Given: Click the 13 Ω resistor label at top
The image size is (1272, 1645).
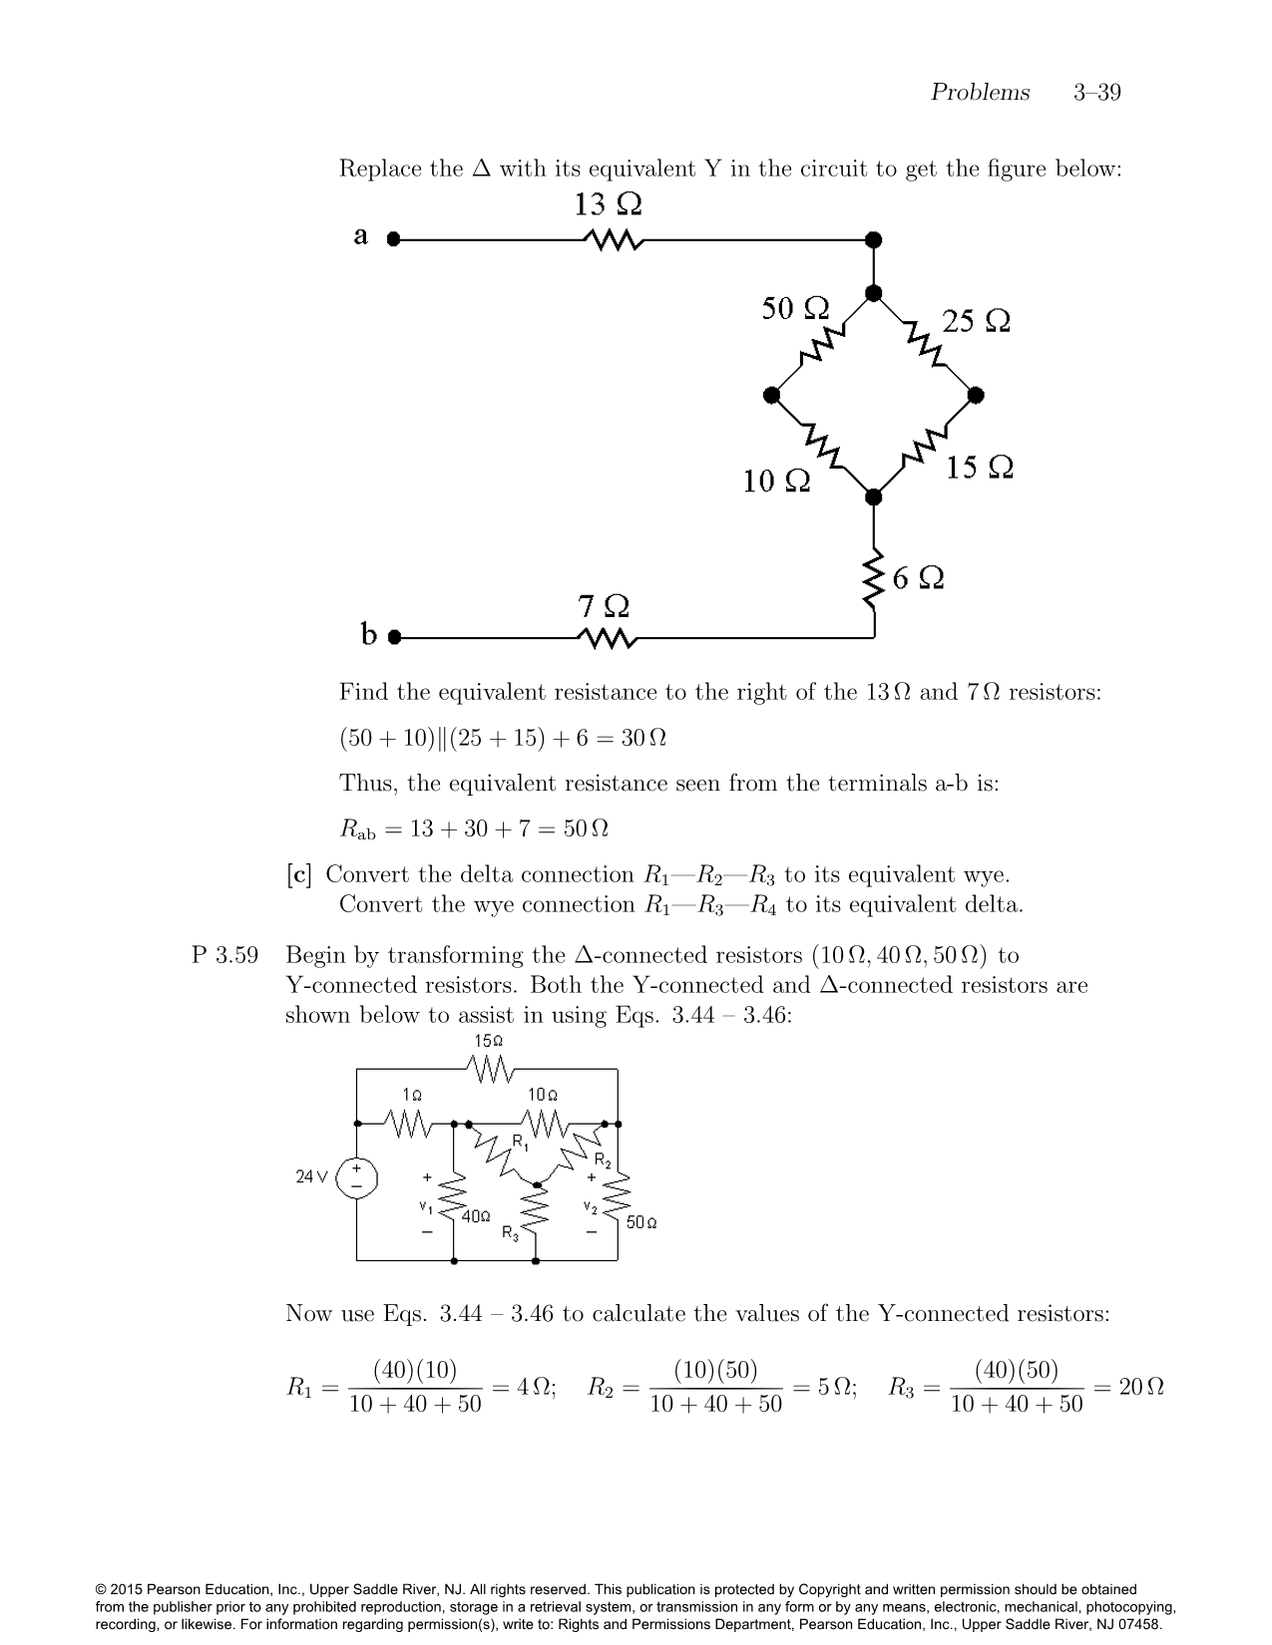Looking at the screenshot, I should (x=608, y=205).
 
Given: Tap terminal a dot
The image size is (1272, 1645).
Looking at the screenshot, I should (x=393, y=239).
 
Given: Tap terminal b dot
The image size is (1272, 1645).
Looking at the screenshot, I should (x=394, y=636).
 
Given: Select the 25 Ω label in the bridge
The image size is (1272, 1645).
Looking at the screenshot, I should (x=976, y=321).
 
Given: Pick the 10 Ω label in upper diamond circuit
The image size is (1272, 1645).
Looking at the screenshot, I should (x=776, y=483).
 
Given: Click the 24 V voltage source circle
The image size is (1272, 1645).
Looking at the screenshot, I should (x=357, y=1177).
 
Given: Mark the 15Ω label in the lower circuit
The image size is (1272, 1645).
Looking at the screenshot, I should (x=488, y=1041).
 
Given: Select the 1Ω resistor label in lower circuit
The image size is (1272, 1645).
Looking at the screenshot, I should (x=412, y=1095).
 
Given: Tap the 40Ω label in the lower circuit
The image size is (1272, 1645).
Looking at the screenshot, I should (x=477, y=1216).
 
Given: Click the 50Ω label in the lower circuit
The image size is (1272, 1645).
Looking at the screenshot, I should (x=641, y=1222).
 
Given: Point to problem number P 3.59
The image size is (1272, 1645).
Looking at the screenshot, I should (x=224, y=955).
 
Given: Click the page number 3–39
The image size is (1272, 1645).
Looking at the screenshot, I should (x=1096, y=93).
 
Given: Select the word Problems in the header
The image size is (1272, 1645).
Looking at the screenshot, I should (x=980, y=93).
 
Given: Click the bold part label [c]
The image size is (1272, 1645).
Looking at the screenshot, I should (x=298, y=875).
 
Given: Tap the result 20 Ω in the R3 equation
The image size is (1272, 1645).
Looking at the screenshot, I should (x=1141, y=1387).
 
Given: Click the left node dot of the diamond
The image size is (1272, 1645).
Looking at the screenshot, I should (x=771, y=396).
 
